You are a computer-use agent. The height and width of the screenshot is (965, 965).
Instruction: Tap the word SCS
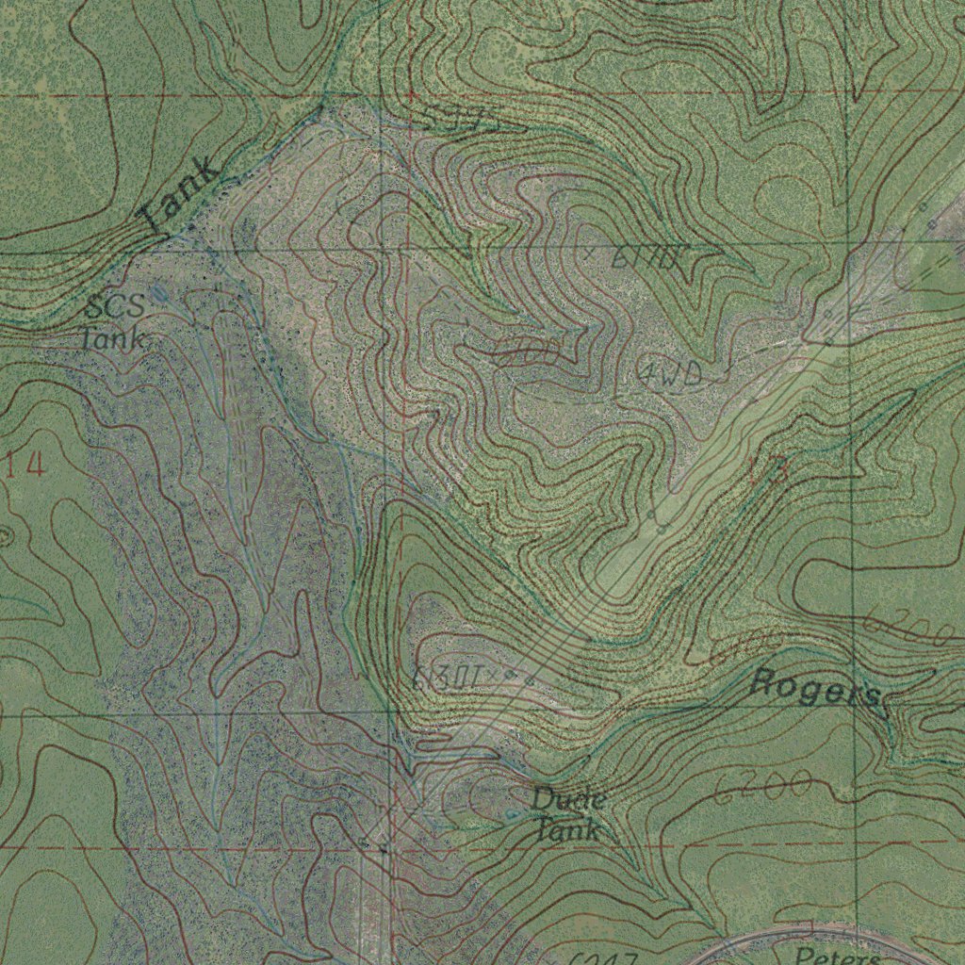pos(115,307)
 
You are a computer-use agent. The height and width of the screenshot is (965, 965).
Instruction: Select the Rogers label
pos(816,690)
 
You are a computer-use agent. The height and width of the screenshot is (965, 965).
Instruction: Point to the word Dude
pos(567,800)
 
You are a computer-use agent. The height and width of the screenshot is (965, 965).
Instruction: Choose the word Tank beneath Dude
pos(567,829)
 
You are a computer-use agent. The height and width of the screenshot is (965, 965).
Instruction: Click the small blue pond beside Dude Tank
pos(511,813)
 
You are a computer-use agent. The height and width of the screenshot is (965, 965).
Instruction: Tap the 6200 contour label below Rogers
pos(763,788)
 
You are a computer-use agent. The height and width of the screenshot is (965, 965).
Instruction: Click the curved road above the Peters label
pos(810,933)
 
